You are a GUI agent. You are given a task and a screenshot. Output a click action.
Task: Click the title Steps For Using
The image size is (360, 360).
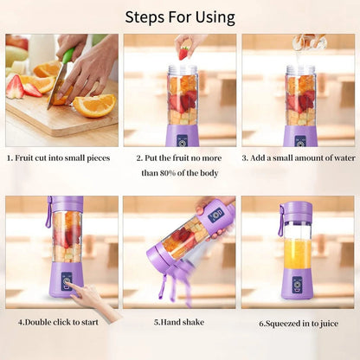click(180, 16)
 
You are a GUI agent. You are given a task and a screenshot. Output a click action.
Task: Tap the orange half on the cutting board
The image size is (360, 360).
click(94, 105)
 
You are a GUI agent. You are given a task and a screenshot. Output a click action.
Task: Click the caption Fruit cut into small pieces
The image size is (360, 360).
click(61, 158)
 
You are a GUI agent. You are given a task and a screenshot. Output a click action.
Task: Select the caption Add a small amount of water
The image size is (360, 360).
click(299, 158)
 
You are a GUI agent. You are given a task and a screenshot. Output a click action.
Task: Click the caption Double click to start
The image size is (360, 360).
click(60, 323)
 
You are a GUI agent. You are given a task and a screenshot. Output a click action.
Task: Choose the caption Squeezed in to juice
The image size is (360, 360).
click(299, 324)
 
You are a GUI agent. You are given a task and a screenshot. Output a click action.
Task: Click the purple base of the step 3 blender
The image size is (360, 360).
click(299, 135)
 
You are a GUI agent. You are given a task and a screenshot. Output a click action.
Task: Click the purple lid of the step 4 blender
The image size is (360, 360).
click(66, 203)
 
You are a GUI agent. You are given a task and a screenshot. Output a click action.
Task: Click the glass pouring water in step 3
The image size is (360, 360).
click(305, 41)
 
